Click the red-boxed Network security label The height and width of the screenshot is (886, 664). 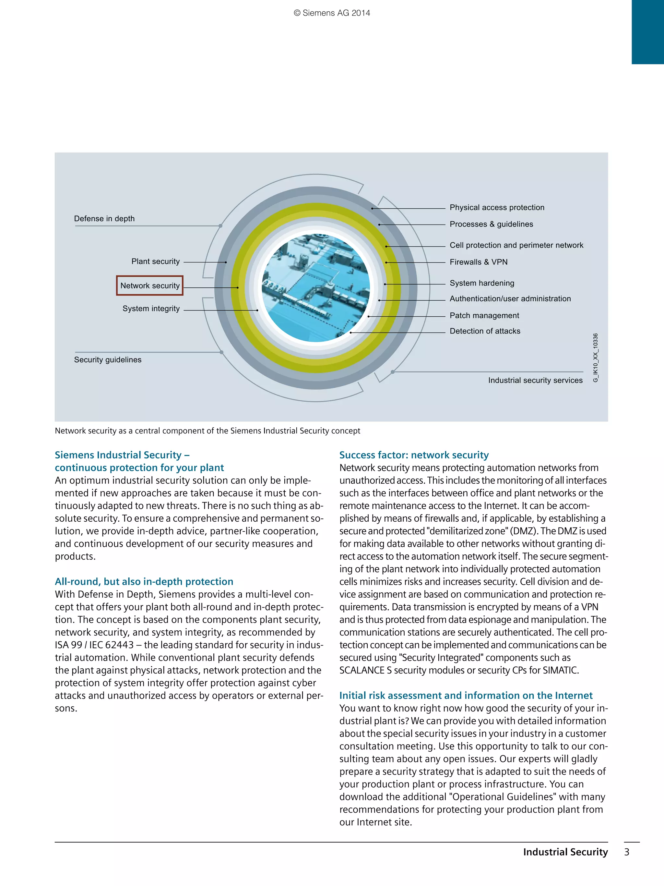[x=150, y=285]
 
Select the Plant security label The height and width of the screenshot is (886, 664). [x=155, y=261]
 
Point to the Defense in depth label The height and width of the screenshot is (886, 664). [x=104, y=219]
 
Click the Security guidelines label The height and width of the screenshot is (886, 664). [x=108, y=360]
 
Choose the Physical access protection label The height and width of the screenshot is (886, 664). [x=497, y=208]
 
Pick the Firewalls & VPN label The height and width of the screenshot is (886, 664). [x=478, y=262]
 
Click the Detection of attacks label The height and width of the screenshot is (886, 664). [x=485, y=331]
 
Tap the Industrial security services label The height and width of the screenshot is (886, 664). [x=535, y=381]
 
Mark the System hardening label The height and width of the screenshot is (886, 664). [x=481, y=283]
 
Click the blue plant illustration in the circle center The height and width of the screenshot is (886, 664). [x=316, y=287]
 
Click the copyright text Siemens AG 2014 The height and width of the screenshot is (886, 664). [x=332, y=13]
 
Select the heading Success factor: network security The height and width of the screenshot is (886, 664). [x=414, y=455]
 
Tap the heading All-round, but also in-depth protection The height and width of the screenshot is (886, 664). [x=144, y=582]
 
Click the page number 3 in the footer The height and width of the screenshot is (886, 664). [x=627, y=852]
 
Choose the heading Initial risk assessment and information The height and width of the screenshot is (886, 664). [x=466, y=695]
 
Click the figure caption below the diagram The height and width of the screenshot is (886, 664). [x=207, y=431]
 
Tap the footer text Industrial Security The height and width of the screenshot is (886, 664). [x=565, y=852]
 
